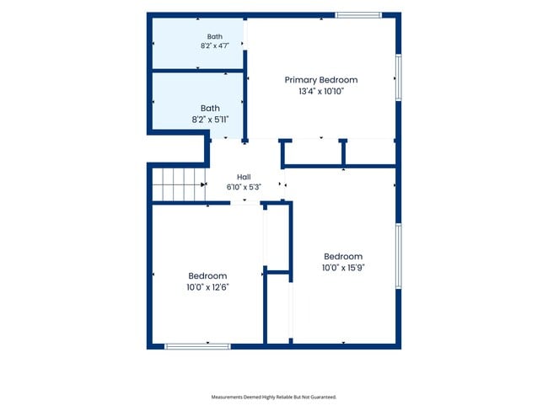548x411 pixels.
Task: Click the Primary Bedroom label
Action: [x=321, y=80]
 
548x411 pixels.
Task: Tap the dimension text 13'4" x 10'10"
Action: [x=321, y=92]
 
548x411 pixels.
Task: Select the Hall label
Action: [x=244, y=177]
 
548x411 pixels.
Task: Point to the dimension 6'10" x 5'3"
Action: [x=244, y=187]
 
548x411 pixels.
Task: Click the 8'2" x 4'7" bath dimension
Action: [x=215, y=45]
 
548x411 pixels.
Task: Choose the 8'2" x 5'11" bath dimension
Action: [x=210, y=120]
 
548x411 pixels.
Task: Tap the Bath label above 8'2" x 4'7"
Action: [x=215, y=37]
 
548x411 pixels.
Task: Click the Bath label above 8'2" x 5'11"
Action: [x=210, y=109]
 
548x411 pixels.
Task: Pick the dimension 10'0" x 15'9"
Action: [x=343, y=268]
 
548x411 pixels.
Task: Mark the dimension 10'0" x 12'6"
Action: [x=207, y=287]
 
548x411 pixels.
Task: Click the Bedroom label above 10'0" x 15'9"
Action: [x=343, y=257]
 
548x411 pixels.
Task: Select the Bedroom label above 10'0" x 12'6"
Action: [x=207, y=276]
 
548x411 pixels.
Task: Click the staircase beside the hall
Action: [x=179, y=184]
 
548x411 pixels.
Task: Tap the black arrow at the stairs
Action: [x=203, y=184]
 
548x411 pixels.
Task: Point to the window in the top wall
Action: [x=358, y=15]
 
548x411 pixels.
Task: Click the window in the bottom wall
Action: [x=197, y=346]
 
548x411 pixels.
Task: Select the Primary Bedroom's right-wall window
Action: [x=399, y=77]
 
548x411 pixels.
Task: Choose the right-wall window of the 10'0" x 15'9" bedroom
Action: [x=399, y=256]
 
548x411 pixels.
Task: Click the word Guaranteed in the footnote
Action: [x=324, y=397]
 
